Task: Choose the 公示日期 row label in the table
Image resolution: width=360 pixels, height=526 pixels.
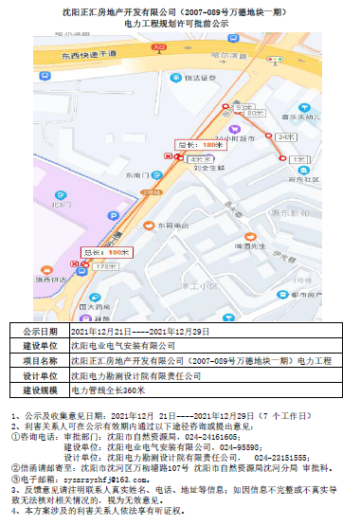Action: click(42, 332)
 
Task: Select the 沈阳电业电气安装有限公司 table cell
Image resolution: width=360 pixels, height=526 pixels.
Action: click(129, 347)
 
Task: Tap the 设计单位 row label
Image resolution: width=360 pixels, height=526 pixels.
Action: click(42, 375)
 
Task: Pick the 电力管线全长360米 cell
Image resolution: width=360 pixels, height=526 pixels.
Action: click(108, 390)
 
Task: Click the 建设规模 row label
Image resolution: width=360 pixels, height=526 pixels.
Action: click(42, 390)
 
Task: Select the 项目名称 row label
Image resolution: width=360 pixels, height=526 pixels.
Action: click(42, 361)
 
